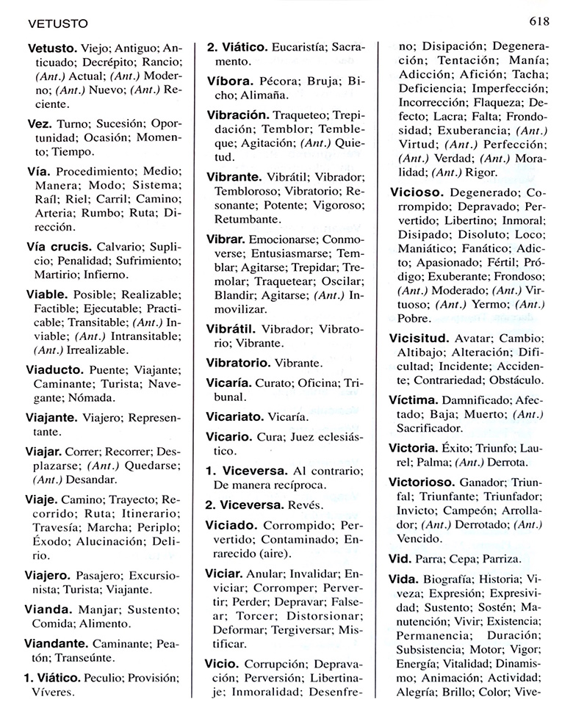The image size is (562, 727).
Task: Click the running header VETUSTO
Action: pyautogui.click(x=58, y=23)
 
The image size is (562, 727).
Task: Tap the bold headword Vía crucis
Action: pyautogui.click(x=59, y=246)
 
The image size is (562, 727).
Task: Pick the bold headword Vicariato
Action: pyautogui.click(x=238, y=416)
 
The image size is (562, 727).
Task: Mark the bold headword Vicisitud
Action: pyautogui.click(x=418, y=339)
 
